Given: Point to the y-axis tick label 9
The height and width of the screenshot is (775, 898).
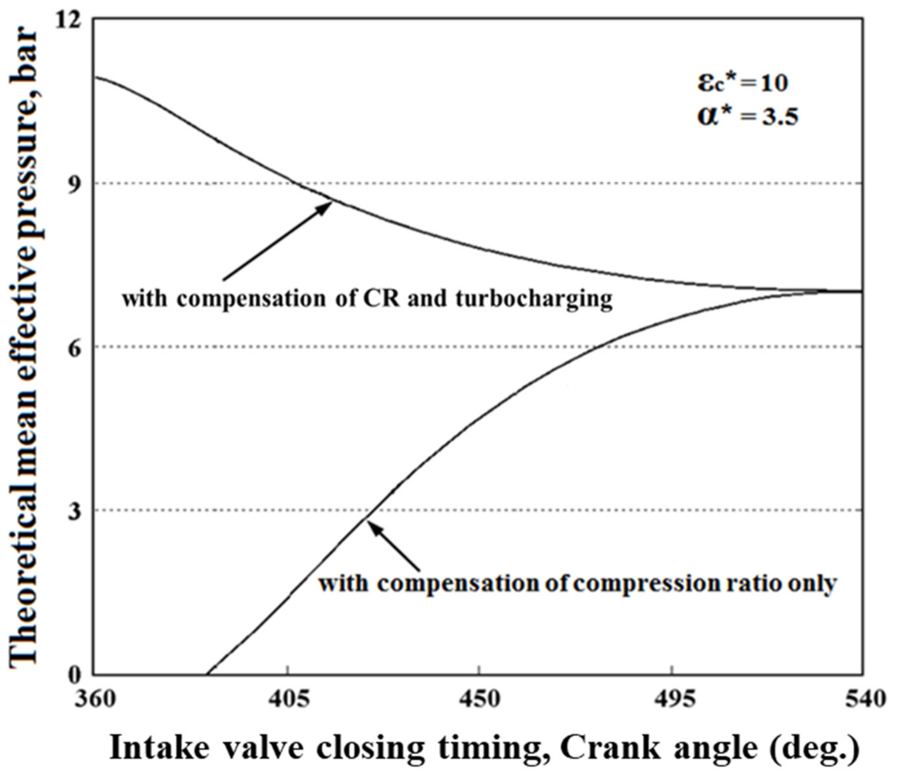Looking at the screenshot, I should coord(74,184).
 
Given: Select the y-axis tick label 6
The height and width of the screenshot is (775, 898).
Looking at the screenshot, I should coord(74,348).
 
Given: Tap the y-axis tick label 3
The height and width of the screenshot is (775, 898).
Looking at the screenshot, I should coord(74,511).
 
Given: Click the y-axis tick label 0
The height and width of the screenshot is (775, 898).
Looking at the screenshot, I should coord(74,674).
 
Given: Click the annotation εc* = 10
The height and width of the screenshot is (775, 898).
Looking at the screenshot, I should coord(743,83).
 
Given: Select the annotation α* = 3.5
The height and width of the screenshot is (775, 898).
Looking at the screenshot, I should coord(747,117).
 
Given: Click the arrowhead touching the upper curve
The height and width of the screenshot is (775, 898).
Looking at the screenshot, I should coord(326,206).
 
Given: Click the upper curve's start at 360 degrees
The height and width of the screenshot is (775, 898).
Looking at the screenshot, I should coord(95,77).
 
